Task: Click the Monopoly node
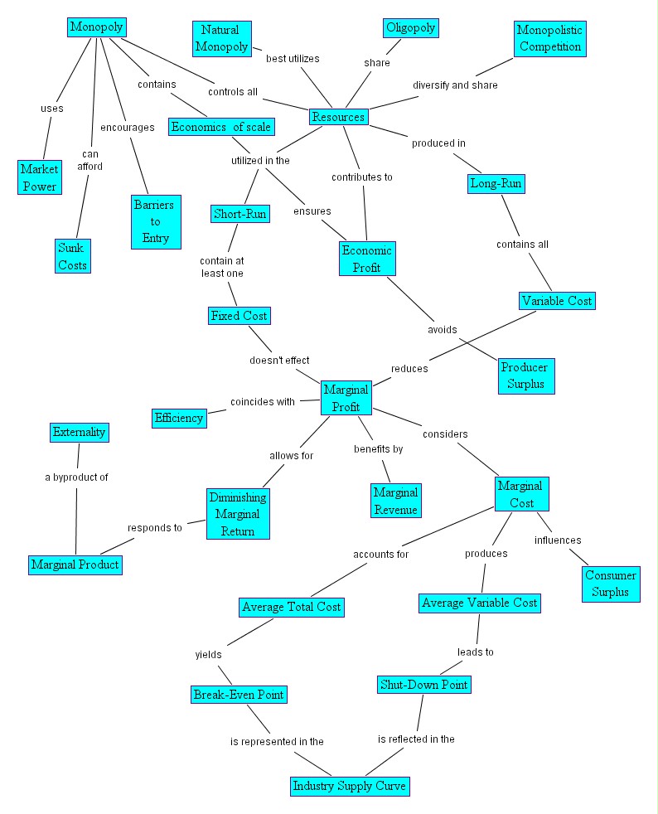[x=96, y=27]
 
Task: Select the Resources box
[x=338, y=117]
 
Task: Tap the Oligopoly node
[x=410, y=28]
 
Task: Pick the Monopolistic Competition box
[x=549, y=38]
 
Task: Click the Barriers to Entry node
[x=156, y=222]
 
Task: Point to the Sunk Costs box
[x=72, y=255]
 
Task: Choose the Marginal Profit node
[x=346, y=398]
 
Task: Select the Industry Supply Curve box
[x=350, y=785]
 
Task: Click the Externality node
[x=79, y=432]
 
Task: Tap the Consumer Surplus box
[x=611, y=584]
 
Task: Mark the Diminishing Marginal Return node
[x=238, y=514]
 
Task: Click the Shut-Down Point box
[x=423, y=684]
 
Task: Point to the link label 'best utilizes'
[x=293, y=59]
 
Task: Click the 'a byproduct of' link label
[x=76, y=477]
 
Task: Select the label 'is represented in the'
[x=277, y=741]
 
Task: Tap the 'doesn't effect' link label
[x=280, y=361]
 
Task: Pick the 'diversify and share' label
[x=455, y=85]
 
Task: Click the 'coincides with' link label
[x=262, y=402]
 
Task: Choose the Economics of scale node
[x=221, y=127]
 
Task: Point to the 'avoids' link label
[x=442, y=329]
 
